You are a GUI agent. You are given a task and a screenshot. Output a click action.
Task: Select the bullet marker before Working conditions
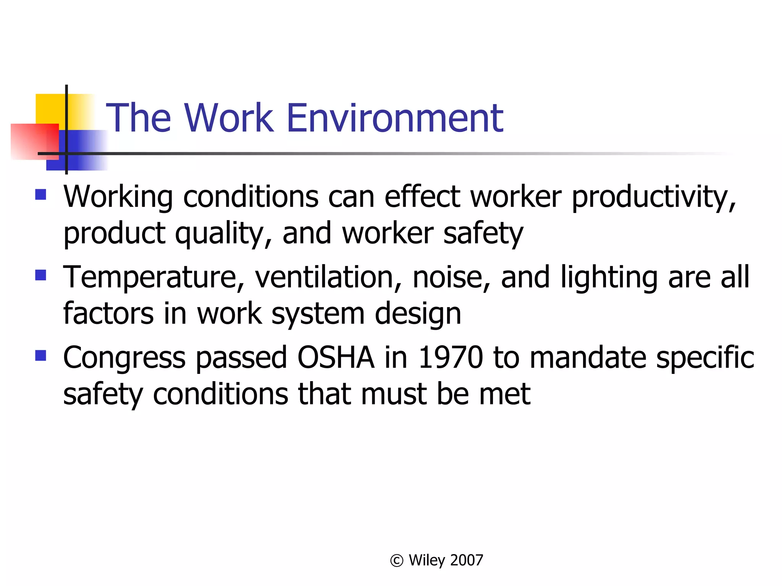coord(40,195)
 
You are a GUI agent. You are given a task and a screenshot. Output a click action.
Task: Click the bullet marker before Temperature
coord(40,275)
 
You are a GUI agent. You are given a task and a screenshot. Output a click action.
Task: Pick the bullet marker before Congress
coord(40,356)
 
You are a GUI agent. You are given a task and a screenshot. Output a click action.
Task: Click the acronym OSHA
coord(336,357)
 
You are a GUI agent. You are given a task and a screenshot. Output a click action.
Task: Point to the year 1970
coord(451,357)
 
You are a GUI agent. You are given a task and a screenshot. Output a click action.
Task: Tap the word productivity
coord(653,198)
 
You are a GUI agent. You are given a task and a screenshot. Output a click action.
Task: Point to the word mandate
coord(588,357)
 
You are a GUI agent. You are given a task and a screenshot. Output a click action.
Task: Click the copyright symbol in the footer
coord(397,561)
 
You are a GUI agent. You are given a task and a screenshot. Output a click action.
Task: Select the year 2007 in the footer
coord(467,560)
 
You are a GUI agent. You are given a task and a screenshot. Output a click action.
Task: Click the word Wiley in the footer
coord(427,561)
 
